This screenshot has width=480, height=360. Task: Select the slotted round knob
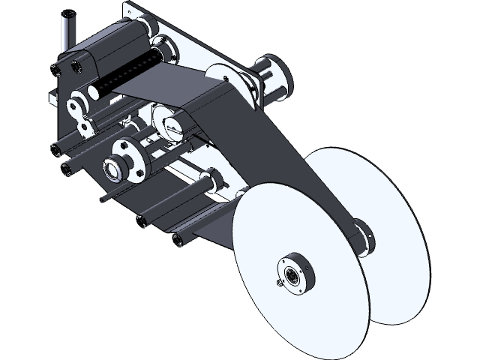(x=168, y=122)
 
